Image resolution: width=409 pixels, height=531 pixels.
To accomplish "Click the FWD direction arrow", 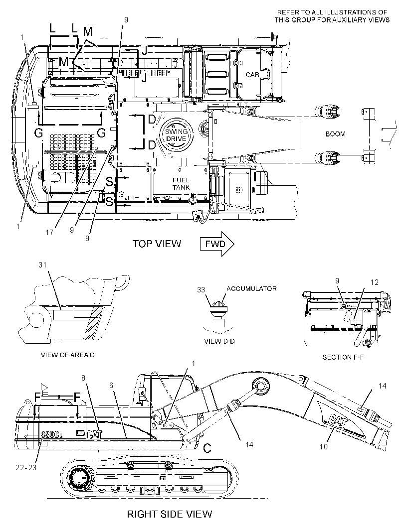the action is point(217,244).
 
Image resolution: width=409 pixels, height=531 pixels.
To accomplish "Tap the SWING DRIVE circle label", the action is point(176,135).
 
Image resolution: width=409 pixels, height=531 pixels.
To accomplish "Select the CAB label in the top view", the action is point(252,75).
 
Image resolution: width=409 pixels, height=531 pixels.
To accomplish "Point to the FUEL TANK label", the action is point(181,183).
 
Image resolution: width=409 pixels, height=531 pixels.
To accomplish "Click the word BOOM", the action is point(335,134).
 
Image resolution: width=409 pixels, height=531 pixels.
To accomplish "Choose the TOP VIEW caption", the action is point(157,244).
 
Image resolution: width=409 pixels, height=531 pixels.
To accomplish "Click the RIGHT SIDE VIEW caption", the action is point(170,514).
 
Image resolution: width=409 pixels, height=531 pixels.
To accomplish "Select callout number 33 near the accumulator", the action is point(201,290).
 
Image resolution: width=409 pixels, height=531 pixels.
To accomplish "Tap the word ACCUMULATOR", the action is point(251,288).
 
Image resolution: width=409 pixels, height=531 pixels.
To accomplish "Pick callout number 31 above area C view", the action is point(42,265).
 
